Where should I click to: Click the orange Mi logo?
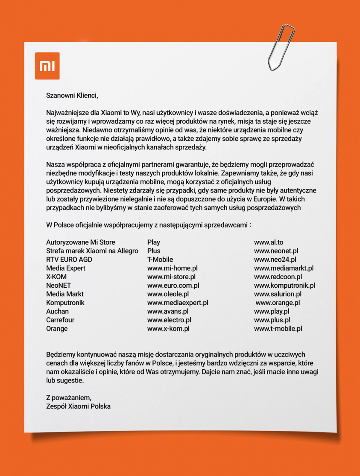pos(47,66)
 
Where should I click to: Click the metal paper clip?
pos(281,47)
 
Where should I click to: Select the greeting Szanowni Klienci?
pos(72,95)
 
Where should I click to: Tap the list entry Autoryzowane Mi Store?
pos(81,242)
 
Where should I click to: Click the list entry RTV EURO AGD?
pos(69,260)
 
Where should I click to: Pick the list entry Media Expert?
pos(66,268)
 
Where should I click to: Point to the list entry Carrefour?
pos(60,320)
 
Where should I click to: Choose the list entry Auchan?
pos(57,311)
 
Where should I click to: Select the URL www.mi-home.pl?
pos(173,268)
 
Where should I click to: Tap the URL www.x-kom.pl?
pos(168,329)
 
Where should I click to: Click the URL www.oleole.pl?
pos(168,294)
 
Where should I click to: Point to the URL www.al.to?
pos(269,242)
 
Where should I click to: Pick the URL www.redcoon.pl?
pos(278,277)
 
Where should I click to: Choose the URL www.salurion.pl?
pos(278,294)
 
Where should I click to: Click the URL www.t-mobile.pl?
pos(278,329)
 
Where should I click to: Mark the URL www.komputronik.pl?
pos(284,285)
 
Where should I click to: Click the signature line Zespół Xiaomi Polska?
pos(78,406)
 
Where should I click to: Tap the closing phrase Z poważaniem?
pos(69,397)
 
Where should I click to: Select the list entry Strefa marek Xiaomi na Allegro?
pos(92,251)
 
